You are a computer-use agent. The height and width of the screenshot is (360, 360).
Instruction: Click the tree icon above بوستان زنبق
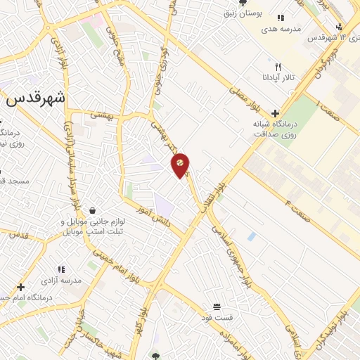[x=243, y=3]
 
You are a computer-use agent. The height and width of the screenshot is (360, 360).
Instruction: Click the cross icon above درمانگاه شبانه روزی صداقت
[x=275, y=112]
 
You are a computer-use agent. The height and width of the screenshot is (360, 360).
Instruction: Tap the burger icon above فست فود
[x=217, y=307]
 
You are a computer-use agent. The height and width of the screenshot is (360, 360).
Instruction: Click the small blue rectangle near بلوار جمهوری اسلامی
[x=251, y=236]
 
